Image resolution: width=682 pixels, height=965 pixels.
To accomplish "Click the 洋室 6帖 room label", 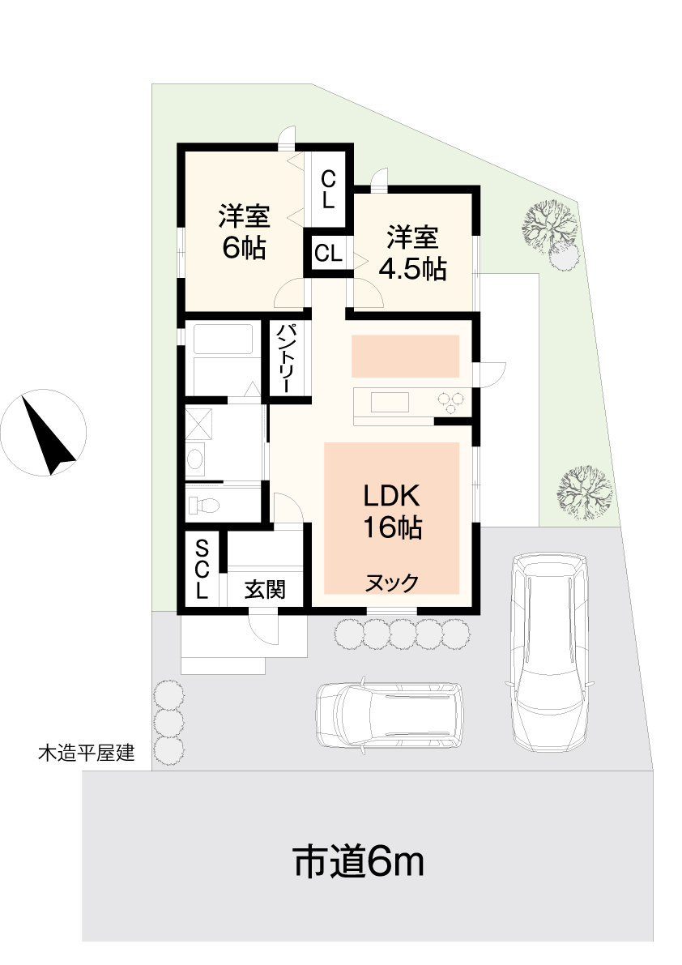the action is point(244,232).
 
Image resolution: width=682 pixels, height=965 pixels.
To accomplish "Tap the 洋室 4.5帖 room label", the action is point(412,254).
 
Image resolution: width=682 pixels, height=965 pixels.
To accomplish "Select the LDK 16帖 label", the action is point(392,511).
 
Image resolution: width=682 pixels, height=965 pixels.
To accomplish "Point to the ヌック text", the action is point(392,583).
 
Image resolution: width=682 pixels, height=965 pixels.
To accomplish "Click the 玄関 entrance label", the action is point(265,589).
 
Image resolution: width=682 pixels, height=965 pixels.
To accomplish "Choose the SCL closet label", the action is point(202,569).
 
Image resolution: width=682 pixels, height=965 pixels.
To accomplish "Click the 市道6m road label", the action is point(359,861).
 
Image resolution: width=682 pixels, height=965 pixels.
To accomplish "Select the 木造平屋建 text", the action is point(86,752).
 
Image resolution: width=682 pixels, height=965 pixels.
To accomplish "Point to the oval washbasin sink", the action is point(195,459).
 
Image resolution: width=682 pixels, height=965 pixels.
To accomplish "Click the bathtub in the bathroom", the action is point(223,339).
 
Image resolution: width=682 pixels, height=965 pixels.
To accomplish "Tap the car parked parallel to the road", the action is point(390,715).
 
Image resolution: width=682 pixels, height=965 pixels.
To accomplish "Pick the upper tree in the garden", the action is point(550,227).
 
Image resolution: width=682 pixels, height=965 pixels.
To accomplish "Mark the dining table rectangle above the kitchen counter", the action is point(405,356).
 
